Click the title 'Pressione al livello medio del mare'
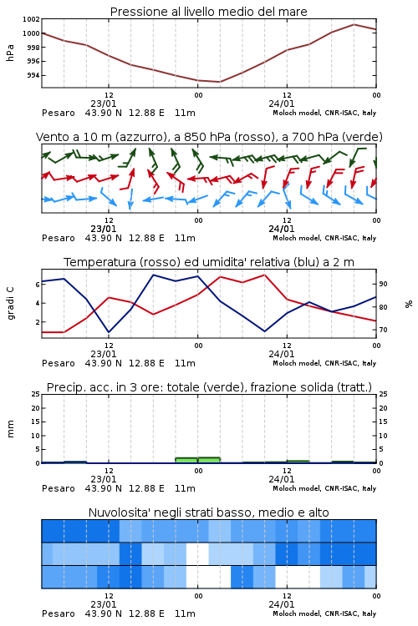pos(208,12)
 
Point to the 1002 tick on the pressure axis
pos(31,19)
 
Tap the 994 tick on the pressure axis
pos(33,75)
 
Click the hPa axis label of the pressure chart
pos(10,53)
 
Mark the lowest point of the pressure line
pos(219,82)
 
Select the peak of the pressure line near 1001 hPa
pos(354,24)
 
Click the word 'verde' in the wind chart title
pos(363,137)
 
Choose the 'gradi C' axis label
pos(11,303)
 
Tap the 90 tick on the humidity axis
pos(383,284)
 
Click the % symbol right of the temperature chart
pos(409,304)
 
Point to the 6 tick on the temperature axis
pos(38,285)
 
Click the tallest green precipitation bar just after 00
pos(209,460)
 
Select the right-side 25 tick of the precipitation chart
pos(383,394)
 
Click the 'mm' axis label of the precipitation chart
pos(10,429)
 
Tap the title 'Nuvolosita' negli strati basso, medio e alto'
pos(208,512)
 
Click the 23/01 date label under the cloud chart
pos(104,604)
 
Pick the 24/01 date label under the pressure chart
pos(282,103)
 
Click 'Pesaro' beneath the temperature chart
pos(59,363)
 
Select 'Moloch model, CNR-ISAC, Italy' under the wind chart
pos(324,238)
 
